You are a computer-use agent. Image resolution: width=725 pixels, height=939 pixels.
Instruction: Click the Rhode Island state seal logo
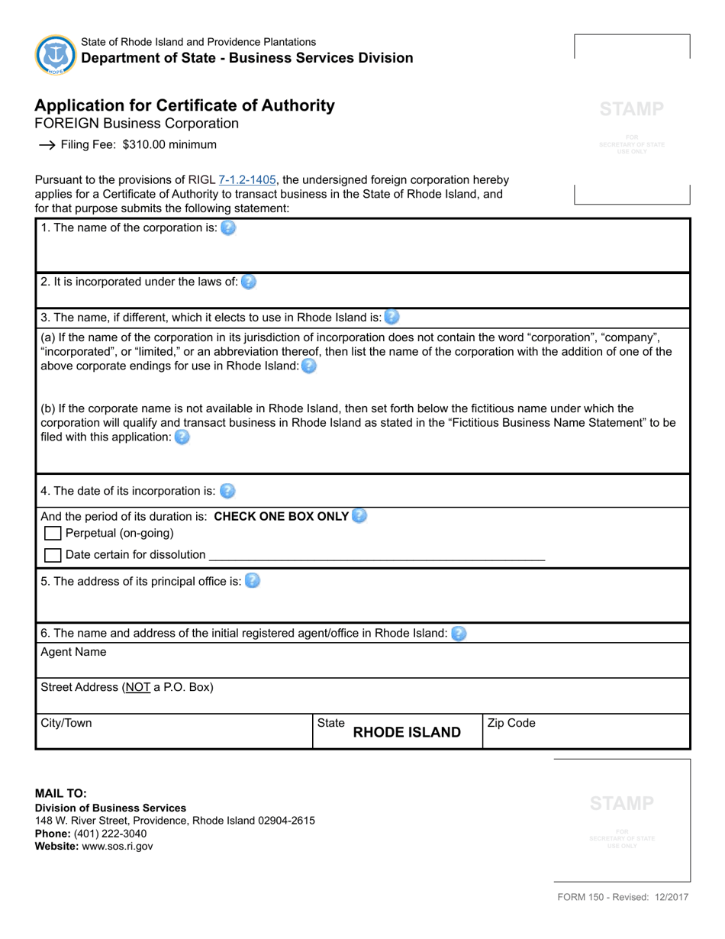pos(56,55)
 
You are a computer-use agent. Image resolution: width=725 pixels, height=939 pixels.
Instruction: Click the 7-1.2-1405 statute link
pos(246,180)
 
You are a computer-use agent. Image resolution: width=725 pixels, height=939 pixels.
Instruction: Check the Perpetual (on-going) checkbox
pos(53,534)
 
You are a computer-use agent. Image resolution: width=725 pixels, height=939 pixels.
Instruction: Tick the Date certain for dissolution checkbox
pos(53,555)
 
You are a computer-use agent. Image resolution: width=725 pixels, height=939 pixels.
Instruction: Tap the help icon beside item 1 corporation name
pos(228,227)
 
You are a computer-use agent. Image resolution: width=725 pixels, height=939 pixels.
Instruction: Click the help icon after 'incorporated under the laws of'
pos(249,282)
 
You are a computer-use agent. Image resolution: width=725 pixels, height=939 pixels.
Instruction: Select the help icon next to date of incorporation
pos(227,491)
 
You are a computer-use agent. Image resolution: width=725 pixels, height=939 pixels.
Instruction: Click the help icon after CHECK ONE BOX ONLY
pos(359,516)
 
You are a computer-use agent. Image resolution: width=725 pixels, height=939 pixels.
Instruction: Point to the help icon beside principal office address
pos(252,581)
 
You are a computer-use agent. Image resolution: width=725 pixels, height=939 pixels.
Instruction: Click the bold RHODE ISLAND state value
pos(407,733)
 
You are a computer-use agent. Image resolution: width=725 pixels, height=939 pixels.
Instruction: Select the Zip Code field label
pos(511,723)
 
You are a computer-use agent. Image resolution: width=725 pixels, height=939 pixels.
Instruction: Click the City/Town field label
pos(66,723)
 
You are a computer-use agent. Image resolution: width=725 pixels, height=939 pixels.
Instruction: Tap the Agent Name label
pos(73,652)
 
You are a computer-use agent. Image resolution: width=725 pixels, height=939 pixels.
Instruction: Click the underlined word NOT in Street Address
pos(138,687)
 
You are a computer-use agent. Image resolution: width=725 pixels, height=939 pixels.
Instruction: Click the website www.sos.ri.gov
pos(117,847)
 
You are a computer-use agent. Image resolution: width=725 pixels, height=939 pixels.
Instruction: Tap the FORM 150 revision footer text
pos(623,898)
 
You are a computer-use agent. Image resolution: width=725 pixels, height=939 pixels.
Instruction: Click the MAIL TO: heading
pos(61,793)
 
